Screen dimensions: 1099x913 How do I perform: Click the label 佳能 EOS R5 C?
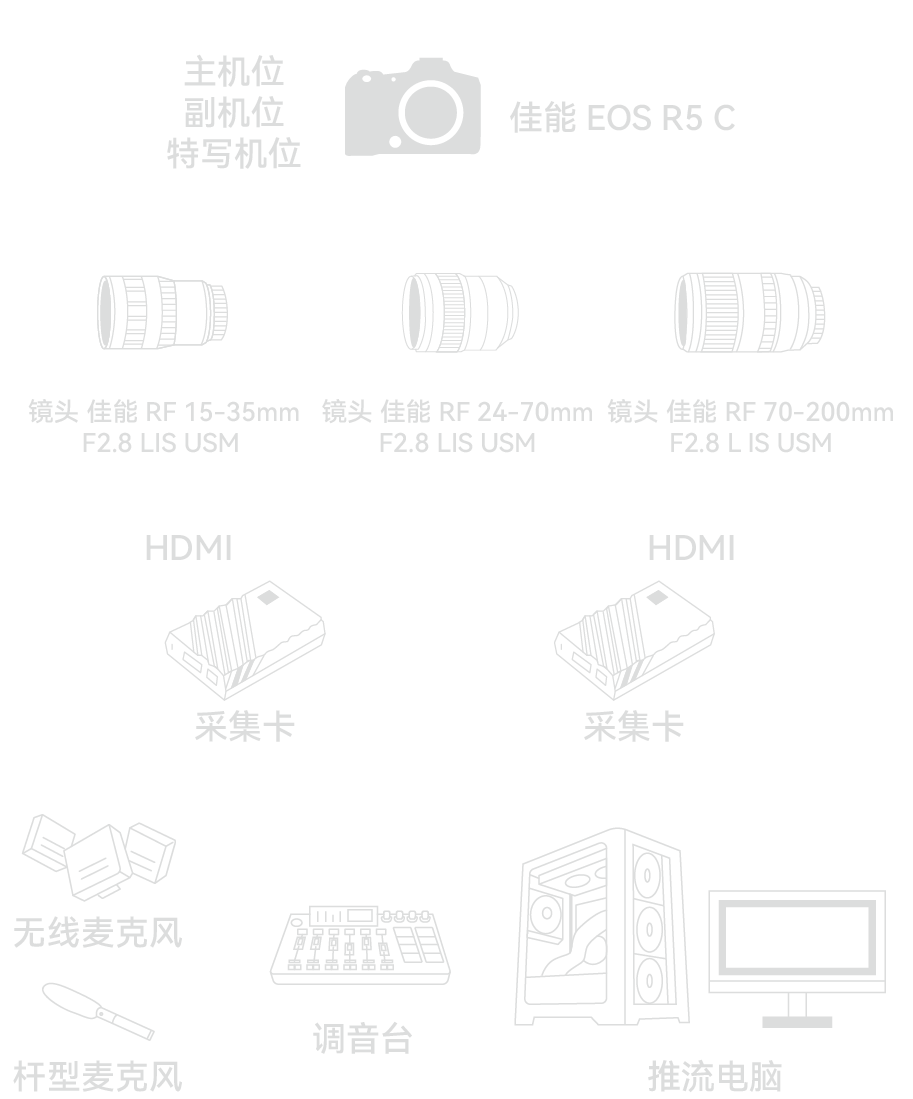click(x=622, y=118)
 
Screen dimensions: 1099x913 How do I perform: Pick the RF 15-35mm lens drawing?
click(x=162, y=311)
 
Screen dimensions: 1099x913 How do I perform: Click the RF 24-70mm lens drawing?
click(x=460, y=311)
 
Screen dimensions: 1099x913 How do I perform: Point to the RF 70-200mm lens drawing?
click(x=750, y=311)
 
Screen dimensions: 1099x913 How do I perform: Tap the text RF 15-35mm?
click(x=222, y=412)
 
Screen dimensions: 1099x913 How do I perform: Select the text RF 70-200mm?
click(x=808, y=412)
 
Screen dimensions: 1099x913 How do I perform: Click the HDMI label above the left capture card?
click(x=188, y=548)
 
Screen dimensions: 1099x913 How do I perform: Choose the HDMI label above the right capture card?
click(x=691, y=548)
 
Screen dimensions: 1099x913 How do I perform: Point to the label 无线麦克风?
click(x=98, y=933)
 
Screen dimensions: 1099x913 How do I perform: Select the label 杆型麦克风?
click(x=98, y=1076)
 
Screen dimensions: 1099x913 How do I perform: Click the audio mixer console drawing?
click(x=360, y=945)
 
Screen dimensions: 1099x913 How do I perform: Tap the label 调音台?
click(x=362, y=1039)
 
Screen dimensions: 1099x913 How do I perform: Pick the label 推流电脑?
click(x=714, y=1076)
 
